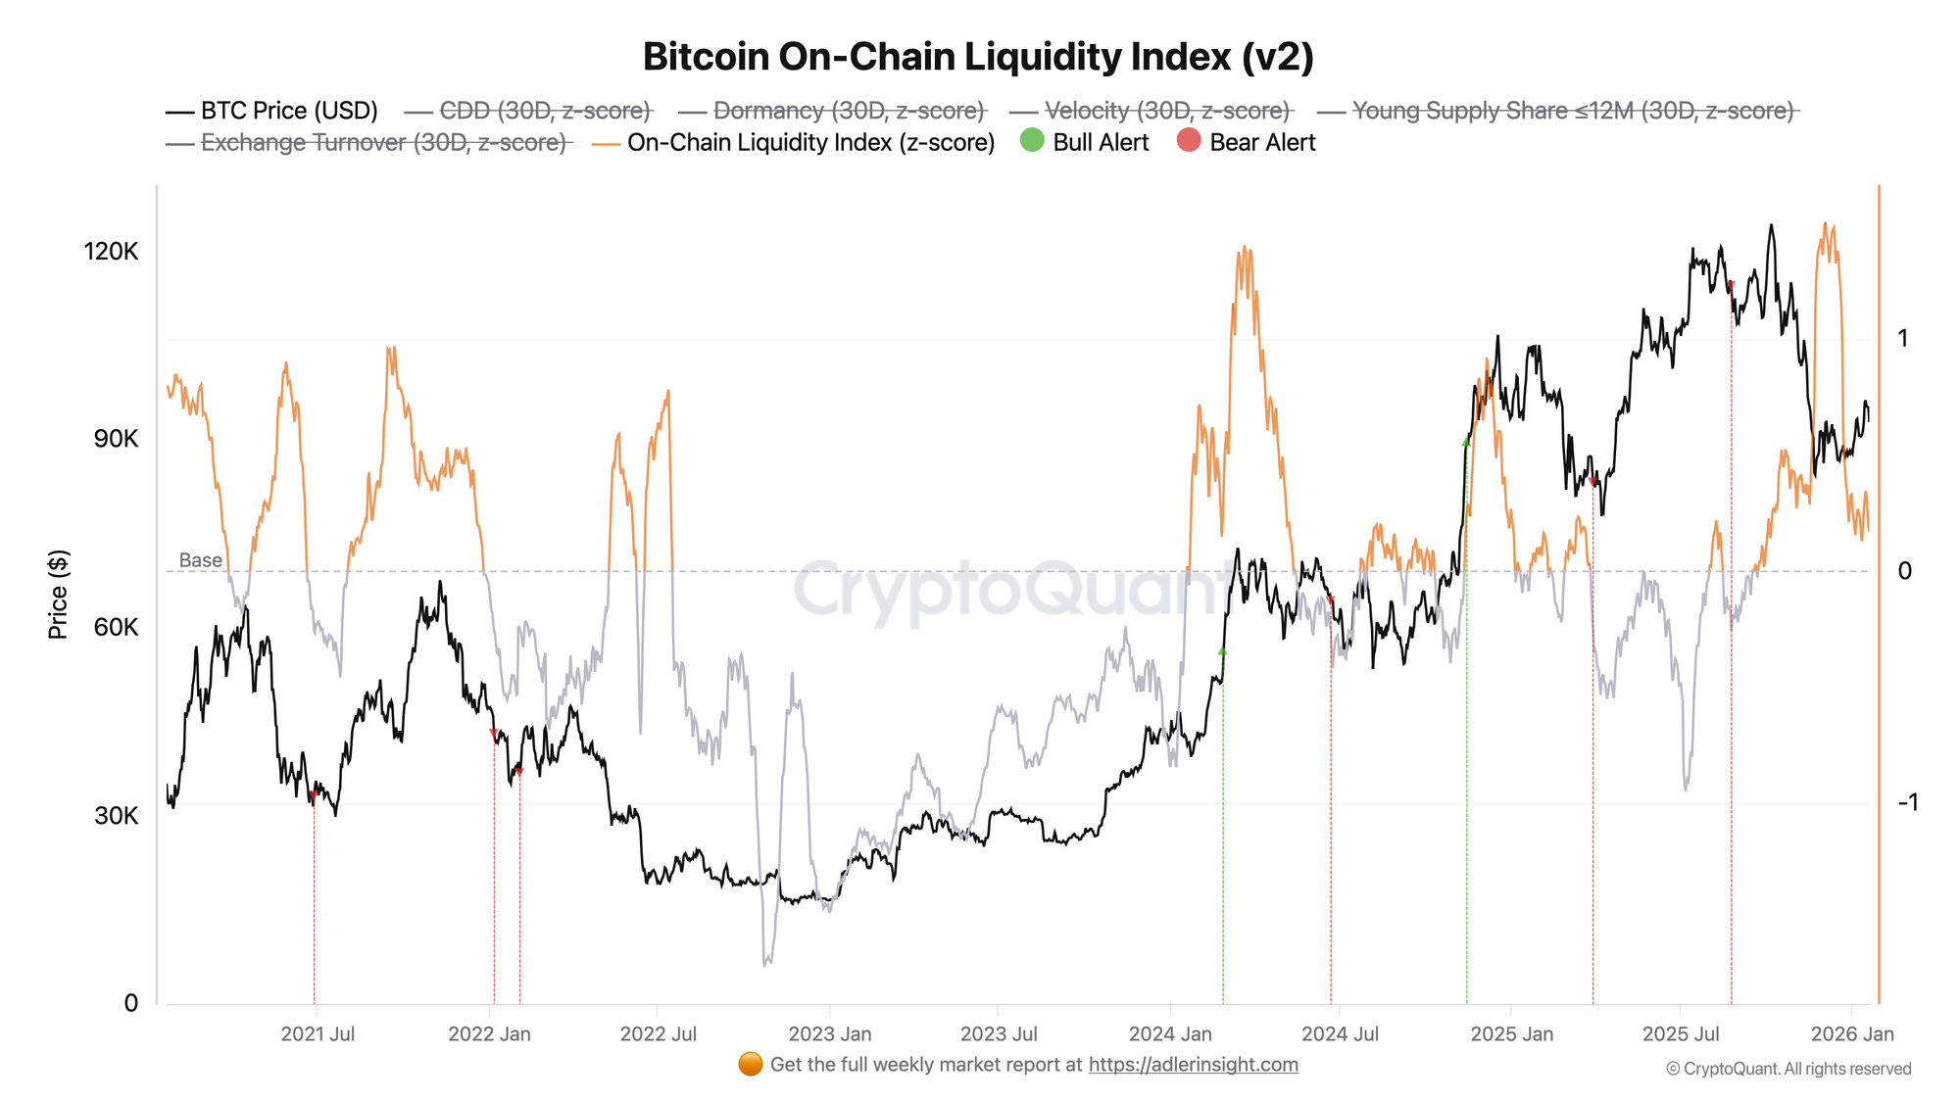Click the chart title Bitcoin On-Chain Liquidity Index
pyautogui.click(x=978, y=57)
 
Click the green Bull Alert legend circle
pyautogui.click(x=1032, y=141)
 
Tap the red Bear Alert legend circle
pyautogui.click(x=1189, y=141)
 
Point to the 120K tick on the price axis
pyautogui.click(x=111, y=252)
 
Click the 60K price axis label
pyautogui.click(x=116, y=628)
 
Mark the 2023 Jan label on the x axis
pyautogui.click(x=829, y=1034)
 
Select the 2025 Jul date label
pyautogui.click(x=1681, y=1034)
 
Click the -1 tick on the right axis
pyautogui.click(x=1907, y=803)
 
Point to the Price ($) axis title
pyautogui.click(x=58, y=595)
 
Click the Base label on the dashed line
pyautogui.click(x=200, y=560)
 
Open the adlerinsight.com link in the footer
pyautogui.click(x=1193, y=1065)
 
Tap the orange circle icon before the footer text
pyautogui.click(x=751, y=1065)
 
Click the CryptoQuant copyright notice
pyautogui.click(x=1788, y=1069)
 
